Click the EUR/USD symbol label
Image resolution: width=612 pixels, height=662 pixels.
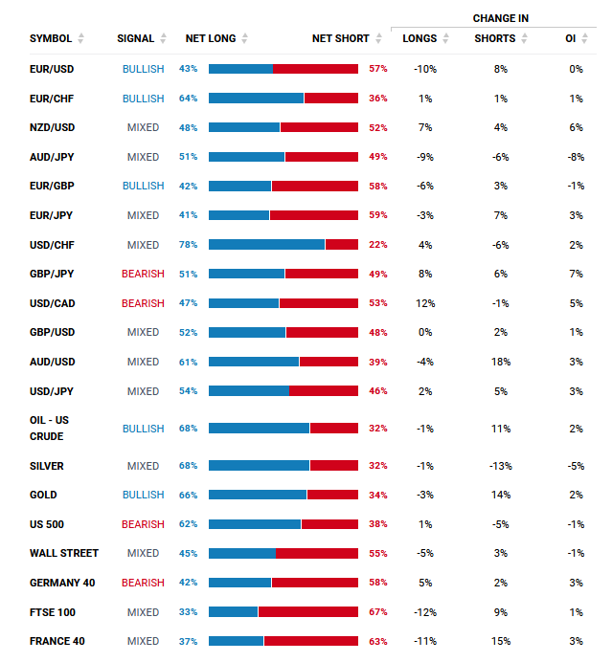tap(52, 69)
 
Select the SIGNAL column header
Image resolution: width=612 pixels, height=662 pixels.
tap(135, 38)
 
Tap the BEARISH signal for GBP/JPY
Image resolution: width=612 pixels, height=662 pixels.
tap(143, 274)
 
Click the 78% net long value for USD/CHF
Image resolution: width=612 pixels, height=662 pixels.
tap(188, 245)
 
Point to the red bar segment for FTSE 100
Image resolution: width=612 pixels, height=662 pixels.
tap(307, 612)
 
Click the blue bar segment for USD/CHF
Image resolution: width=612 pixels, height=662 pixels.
tap(266, 245)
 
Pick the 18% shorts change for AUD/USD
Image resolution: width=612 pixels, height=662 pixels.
tap(500, 362)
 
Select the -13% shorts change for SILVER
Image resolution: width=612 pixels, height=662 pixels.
tap(500, 466)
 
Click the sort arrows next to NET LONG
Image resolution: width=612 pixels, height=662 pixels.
tap(245, 38)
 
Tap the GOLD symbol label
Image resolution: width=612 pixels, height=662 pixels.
tap(43, 495)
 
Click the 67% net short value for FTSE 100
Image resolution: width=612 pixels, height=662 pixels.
tap(378, 612)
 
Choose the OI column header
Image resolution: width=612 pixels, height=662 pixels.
tap(570, 38)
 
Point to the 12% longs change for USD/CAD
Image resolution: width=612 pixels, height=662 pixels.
tap(425, 303)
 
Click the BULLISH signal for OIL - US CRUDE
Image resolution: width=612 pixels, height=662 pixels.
tap(143, 429)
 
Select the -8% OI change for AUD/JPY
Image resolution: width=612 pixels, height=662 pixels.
tap(576, 157)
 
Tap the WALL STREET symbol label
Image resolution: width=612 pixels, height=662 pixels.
tap(64, 553)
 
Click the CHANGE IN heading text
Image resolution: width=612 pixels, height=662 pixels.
tap(500, 18)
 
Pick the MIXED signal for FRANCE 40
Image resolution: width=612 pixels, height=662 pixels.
tap(143, 641)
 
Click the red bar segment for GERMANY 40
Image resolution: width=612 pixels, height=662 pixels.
tap(314, 583)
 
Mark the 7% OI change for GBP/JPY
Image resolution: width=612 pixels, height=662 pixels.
tap(576, 274)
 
